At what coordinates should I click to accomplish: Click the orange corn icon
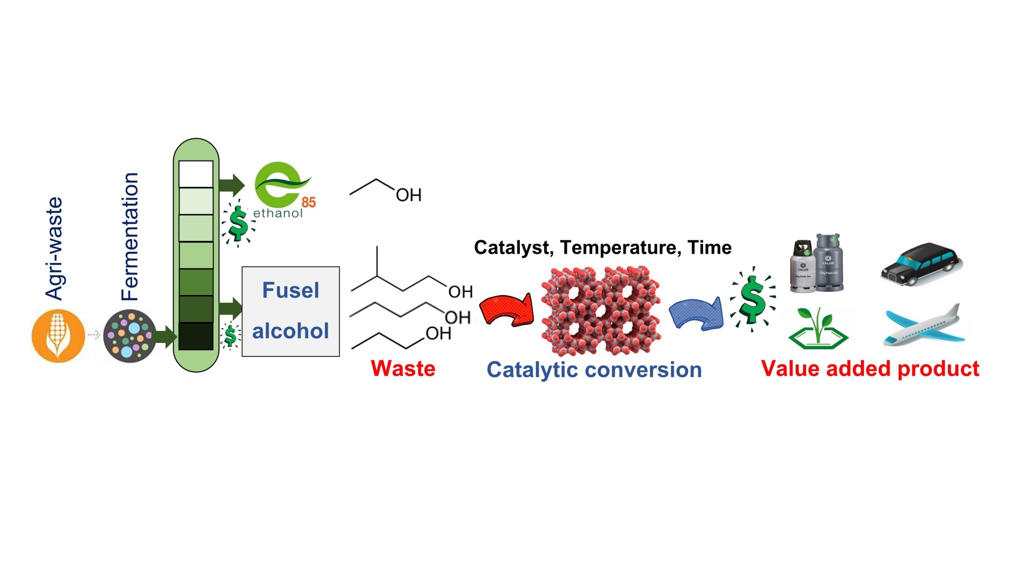pos(58,336)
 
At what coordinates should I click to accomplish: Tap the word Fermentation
pos(130,237)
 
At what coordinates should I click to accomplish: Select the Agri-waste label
pos(54,248)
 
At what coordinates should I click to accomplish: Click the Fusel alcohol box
pos(291,311)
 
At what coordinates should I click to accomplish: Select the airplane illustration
pos(924,326)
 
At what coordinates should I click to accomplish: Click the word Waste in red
pos(403,369)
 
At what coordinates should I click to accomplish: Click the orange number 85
pos(308,202)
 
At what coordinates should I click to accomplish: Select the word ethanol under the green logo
pos(278,213)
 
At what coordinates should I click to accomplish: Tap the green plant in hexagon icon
pos(818,329)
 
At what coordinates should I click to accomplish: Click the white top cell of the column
pos(196,174)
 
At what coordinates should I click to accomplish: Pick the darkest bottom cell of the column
pos(196,337)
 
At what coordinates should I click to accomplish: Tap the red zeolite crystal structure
pos(601,310)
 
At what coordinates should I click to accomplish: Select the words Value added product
pos(870,369)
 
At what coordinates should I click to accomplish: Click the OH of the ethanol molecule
pos(408,195)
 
